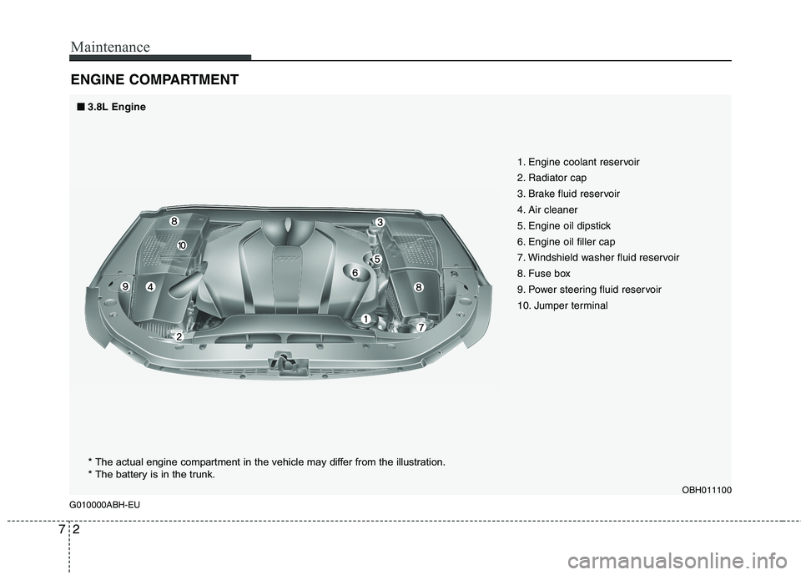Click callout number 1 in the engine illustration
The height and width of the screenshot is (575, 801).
[365, 319]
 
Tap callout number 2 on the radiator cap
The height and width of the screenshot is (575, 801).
[179, 335]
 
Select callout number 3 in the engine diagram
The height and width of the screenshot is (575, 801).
[378, 222]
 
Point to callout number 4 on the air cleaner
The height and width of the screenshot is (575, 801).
[150, 286]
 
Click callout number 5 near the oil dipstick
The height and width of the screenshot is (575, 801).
[376, 260]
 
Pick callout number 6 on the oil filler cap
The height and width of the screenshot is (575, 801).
[355, 273]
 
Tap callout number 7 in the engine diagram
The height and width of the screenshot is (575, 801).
[421, 328]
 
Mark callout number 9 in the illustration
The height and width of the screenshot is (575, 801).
[124, 286]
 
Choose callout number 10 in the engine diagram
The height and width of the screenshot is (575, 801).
[181, 245]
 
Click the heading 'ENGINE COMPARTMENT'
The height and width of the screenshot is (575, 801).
[154, 80]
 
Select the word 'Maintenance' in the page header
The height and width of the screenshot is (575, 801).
[109, 47]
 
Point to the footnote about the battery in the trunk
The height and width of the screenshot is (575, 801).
[151, 475]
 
